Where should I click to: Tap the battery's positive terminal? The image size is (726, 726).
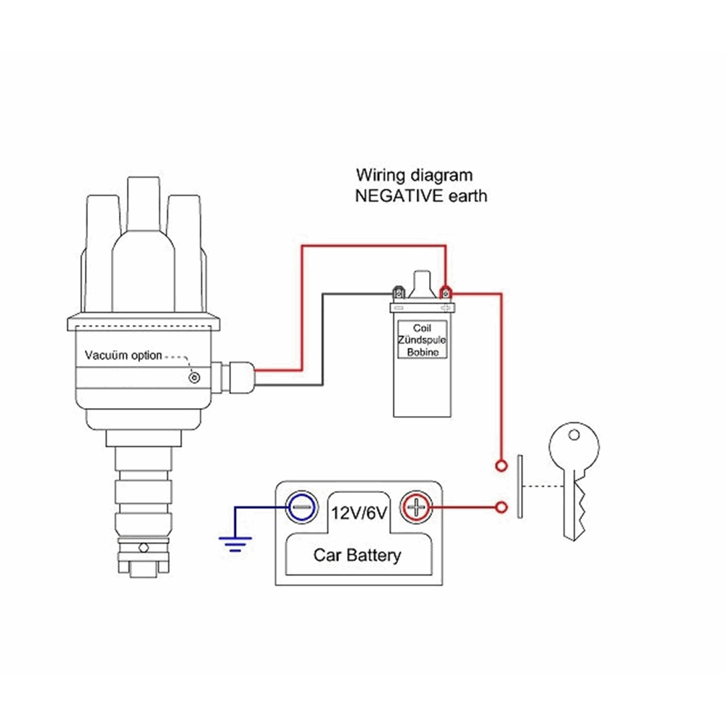[415, 506]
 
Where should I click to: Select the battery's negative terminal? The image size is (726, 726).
[301, 506]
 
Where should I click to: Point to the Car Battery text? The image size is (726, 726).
[356, 556]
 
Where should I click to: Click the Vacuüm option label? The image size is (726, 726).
[123, 356]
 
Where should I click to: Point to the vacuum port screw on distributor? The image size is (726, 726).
[194, 377]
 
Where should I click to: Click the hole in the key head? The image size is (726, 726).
[574, 436]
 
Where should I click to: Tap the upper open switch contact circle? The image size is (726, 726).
[501, 465]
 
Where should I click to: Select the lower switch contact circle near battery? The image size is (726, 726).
[501, 506]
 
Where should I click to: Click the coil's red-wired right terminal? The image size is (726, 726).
[445, 293]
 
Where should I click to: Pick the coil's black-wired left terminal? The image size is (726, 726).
[397, 294]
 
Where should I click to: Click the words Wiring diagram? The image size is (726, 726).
[414, 175]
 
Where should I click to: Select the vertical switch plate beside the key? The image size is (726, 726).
[520, 486]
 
